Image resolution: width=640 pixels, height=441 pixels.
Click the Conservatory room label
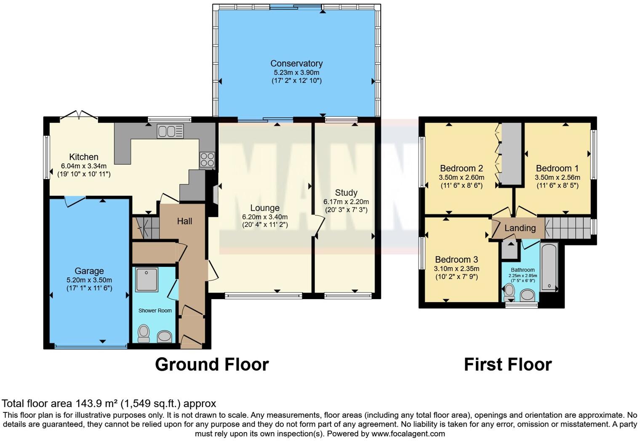(x=296, y=64)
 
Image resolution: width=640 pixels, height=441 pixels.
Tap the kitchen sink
(x=170, y=131)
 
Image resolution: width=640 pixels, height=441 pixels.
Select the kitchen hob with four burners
(x=207, y=160)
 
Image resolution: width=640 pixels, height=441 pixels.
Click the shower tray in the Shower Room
(x=147, y=279)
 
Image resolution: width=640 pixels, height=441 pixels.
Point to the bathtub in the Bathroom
(x=549, y=266)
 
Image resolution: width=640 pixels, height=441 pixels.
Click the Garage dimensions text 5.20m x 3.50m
(x=89, y=280)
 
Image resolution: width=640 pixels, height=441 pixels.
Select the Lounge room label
(x=265, y=208)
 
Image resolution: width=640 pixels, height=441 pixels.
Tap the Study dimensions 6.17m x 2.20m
(x=346, y=202)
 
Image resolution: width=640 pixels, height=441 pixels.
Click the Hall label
(x=184, y=221)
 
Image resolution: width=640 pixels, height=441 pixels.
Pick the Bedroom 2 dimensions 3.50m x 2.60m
(x=461, y=178)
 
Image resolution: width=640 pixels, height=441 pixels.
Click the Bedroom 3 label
(x=456, y=260)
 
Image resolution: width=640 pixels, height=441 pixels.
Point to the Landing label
(x=520, y=228)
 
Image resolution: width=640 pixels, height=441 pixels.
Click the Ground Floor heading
(x=212, y=364)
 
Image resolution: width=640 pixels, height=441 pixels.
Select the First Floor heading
(x=508, y=364)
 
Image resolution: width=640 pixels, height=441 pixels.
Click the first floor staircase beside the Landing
(x=568, y=228)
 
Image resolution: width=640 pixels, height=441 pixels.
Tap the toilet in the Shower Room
(x=144, y=334)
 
